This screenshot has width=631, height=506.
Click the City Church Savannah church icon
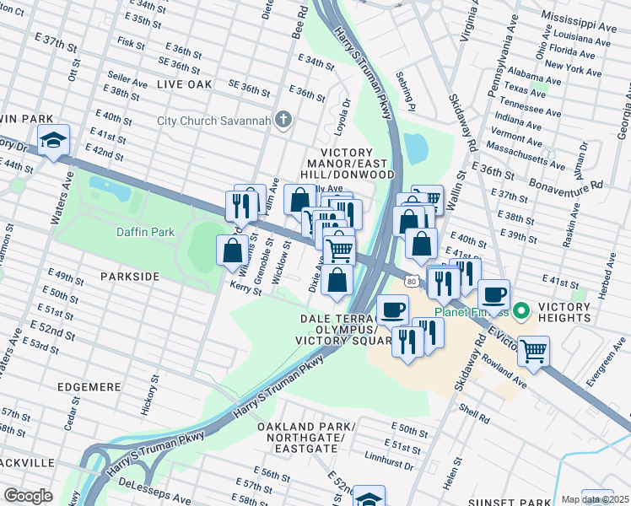pos(283,121)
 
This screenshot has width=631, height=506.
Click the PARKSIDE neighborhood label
pos(130,276)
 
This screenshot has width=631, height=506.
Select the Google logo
pos(28,495)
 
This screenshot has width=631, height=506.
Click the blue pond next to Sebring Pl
pos(415,148)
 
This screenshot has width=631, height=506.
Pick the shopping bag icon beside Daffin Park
pos(232,250)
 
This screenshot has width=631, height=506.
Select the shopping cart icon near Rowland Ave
pos(533,350)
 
